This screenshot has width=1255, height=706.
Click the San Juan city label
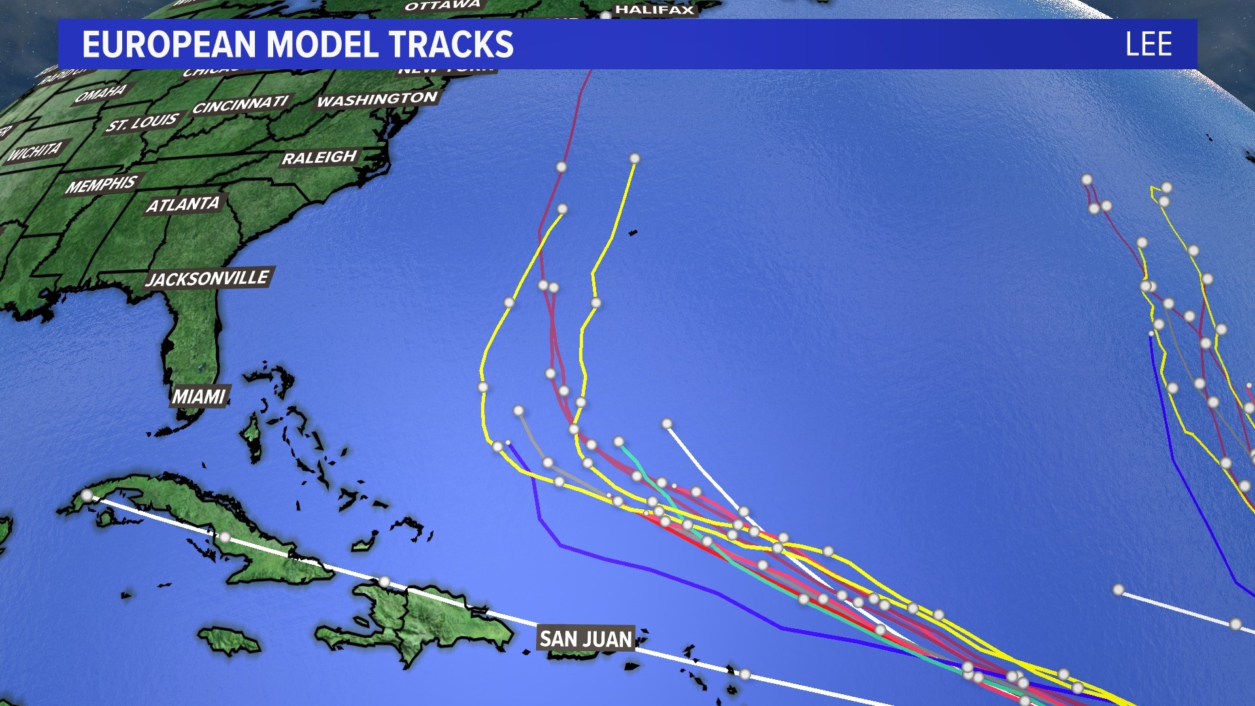click(x=586, y=639)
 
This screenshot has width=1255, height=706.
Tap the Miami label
click(x=199, y=396)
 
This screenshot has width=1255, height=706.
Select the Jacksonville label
click(x=207, y=278)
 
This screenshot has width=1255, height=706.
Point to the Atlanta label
click(x=183, y=205)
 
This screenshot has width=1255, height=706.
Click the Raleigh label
click(x=320, y=158)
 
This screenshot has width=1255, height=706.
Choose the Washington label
click(x=377, y=99)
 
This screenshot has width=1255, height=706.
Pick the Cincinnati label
click(x=241, y=105)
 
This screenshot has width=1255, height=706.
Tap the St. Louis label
click(x=142, y=122)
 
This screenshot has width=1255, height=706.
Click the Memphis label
click(x=101, y=184)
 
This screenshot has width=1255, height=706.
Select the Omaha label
click(x=101, y=93)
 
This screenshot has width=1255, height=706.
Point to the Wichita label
click(x=35, y=151)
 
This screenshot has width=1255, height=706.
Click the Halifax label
click(x=654, y=9)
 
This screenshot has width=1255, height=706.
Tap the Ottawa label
click(x=443, y=6)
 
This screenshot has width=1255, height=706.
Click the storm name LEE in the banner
click(x=1148, y=44)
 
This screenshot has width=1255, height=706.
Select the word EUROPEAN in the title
click(x=169, y=44)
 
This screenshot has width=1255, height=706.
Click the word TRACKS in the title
click(x=452, y=44)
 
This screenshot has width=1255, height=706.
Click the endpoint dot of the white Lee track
click(x=667, y=424)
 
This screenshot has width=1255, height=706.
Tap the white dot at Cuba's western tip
click(x=87, y=496)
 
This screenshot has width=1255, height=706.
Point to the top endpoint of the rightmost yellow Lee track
click(x=634, y=158)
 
